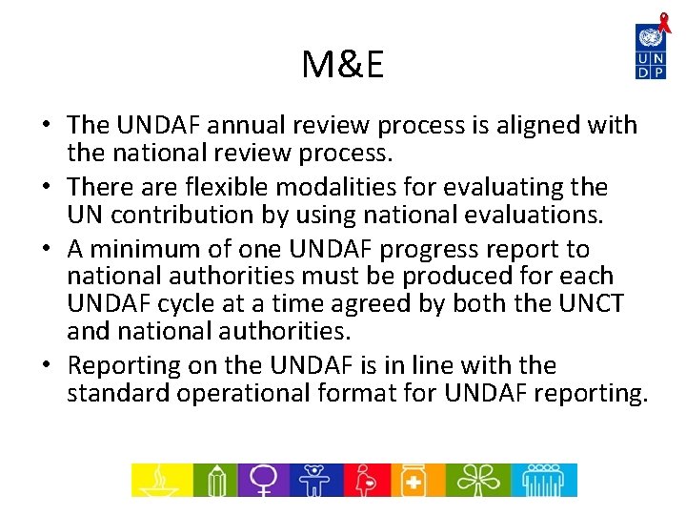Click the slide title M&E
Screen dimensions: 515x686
pos(342,65)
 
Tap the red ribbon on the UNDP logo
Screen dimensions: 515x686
pos(664,21)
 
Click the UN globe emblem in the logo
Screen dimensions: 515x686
pos(651,39)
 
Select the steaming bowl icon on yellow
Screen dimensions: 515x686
pos(159,480)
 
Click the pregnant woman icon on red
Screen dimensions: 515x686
pos(366,480)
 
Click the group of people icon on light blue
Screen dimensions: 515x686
pos(543,480)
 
